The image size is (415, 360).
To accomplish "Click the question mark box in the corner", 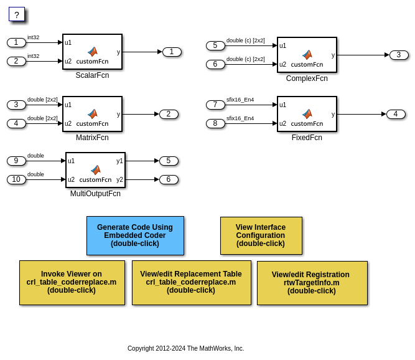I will pos(17,14).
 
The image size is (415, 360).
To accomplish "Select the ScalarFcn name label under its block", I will pos(92,75).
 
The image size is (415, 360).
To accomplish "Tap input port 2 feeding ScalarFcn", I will pos(16,61).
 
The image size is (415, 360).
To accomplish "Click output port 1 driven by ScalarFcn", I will pos(172,52).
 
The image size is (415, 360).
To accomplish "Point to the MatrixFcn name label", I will pos(92,138).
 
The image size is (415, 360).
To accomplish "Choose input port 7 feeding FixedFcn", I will pos(215,105).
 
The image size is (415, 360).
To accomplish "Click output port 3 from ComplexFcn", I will pos(399,55).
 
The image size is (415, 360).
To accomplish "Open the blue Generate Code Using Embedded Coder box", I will pos(135,235).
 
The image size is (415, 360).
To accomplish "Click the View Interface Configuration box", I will pos(261,235).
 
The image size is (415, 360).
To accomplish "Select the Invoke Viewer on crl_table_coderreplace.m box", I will pos(72,282).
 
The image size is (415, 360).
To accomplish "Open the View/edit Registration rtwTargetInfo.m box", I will pos(312,282).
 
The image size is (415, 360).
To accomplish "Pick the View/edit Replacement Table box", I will pos(191,282).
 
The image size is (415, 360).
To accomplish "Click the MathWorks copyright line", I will pos(185,349).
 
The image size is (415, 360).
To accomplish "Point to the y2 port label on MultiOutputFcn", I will pos(119,179).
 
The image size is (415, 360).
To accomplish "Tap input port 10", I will pos(16,179).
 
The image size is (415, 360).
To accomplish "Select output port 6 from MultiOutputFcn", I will pos(169,179).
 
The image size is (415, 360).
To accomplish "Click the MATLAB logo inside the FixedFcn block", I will pos(307,114).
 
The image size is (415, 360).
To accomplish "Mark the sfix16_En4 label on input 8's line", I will pos(240,118).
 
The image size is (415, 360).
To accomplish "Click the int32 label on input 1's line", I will pos(33,37).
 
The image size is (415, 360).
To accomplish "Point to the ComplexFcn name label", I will pos(307,78).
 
